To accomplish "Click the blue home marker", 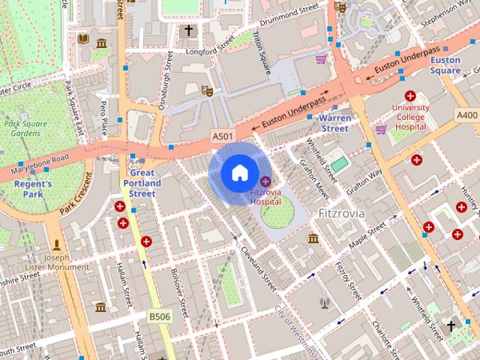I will (x=238, y=173).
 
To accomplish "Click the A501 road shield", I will (x=221, y=135).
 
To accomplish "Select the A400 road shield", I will (x=466, y=115).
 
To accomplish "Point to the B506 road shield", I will (x=159, y=316).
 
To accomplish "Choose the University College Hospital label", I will (x=410, y=118).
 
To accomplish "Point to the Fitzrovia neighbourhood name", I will (x=341, y=212).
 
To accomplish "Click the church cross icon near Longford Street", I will (x=188, y=31).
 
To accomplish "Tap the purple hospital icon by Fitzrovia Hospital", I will (x=265, y=181).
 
